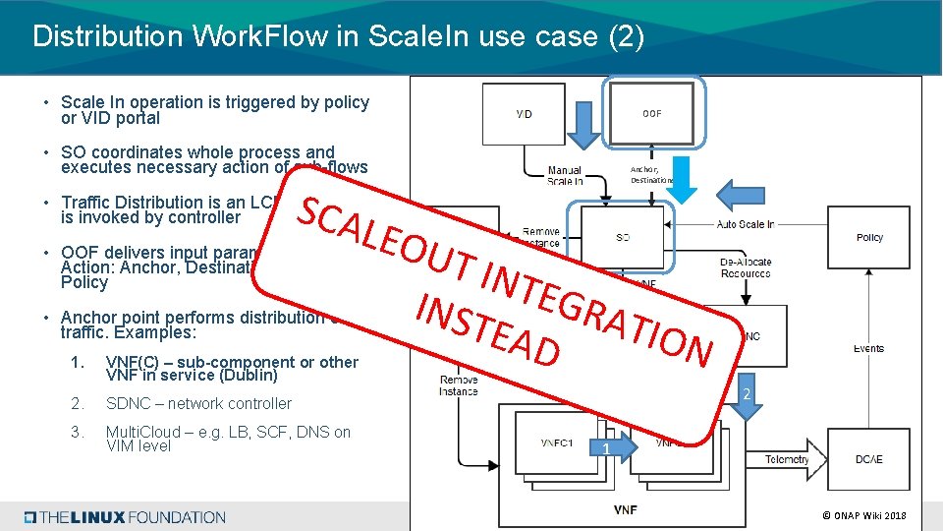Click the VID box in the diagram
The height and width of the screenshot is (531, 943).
[x=524, y=114]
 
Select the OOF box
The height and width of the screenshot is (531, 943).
[x=652, y=113]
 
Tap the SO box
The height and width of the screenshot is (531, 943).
[x=623, y=237]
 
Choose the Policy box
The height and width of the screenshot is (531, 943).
[x=868, y=237]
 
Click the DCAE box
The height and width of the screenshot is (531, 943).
[x=868, y=459]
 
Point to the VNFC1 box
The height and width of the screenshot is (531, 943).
[x=556, y=442]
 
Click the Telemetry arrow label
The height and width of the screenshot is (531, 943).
[x=786, y=459]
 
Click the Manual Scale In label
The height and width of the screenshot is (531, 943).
[x=565, y=176]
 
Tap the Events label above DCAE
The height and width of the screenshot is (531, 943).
[x=868, y=348]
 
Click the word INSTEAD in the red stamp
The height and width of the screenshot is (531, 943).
[x=488, y=325]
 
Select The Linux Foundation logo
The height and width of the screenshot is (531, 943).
[x=126, y=517]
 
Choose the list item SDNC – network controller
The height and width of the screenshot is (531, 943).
[x=198, y=403]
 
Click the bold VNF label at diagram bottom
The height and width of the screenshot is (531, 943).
[x=625, y=509]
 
